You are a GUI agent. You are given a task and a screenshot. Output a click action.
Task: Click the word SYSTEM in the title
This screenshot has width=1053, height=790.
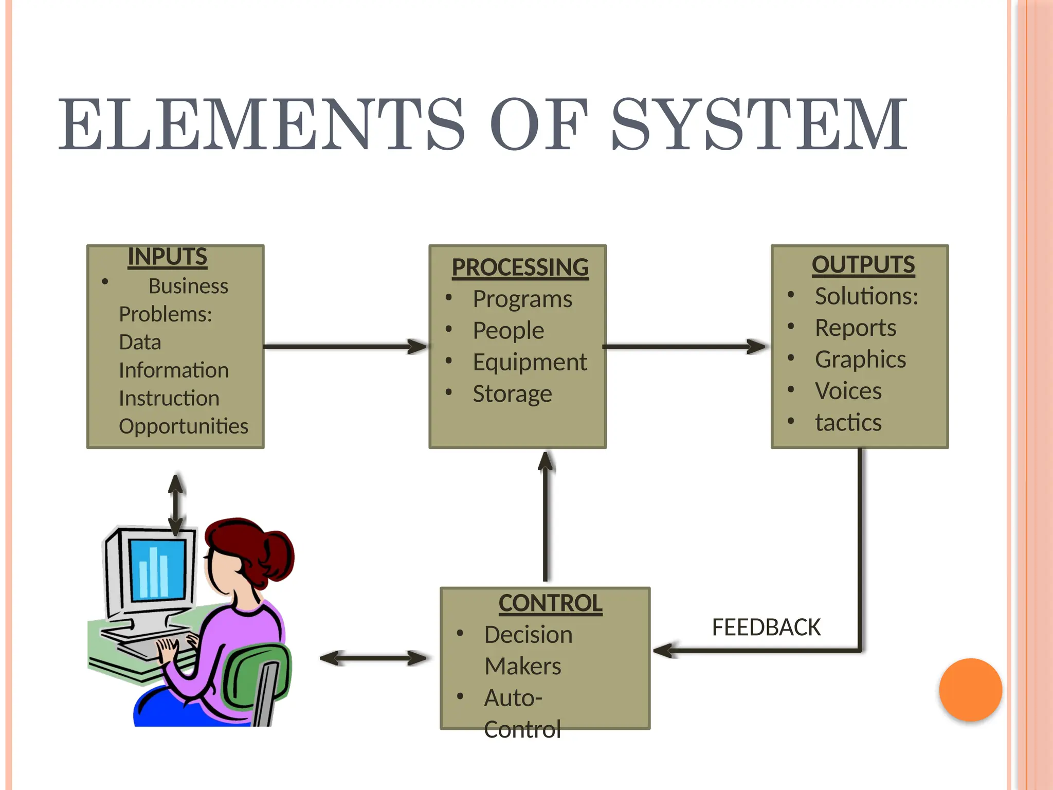coord(759,124)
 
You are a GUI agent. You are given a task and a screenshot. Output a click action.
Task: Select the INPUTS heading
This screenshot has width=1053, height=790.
coord(167,257)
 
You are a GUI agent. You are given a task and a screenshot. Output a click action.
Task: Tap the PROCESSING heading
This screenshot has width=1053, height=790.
coord(520,267)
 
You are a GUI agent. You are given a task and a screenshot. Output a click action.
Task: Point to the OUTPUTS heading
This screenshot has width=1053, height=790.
coord(863,264)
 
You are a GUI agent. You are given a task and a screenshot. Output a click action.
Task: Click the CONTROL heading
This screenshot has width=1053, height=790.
coord(550,603)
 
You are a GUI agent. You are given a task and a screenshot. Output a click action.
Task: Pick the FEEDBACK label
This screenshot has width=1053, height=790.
coord(766,627)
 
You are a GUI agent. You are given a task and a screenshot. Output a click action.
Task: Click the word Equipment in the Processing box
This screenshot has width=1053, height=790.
coord(530,362)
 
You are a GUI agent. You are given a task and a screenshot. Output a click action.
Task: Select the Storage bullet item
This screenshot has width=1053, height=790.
coord(512,394)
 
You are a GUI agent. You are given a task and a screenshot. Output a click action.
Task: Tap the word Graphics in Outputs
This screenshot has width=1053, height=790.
coord(860,359)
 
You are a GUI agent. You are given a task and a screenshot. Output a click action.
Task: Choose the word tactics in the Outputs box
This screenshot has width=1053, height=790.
coord(848,422)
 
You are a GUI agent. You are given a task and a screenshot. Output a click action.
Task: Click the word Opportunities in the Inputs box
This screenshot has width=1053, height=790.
coord(184,426)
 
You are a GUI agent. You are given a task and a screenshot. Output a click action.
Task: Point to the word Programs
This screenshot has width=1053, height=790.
coord(522,299)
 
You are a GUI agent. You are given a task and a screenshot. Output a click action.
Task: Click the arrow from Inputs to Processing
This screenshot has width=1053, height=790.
coord(344,347)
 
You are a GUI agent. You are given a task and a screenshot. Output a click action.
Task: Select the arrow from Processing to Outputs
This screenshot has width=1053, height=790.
coord(684,347)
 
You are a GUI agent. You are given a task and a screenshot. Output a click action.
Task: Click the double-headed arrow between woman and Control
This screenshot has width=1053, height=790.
coord(373,658)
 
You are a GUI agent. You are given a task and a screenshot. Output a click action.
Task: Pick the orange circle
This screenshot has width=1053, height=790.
coord(970,690)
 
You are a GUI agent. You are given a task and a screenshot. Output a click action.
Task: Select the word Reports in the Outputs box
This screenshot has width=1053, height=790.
coord(856,328)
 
